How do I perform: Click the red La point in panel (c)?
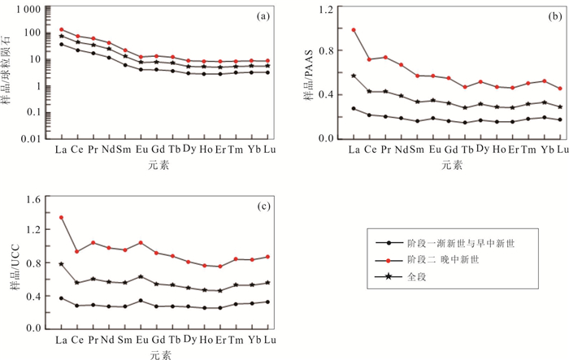point(61,218)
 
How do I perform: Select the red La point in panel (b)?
point(354,30)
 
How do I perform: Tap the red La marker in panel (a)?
point(62,29)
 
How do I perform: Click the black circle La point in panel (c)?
point(61,298)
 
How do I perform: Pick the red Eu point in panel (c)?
point(141,243)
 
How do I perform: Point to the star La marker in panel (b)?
point(354,76)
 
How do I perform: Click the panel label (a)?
point(263,15)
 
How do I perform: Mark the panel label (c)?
point(263,206)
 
